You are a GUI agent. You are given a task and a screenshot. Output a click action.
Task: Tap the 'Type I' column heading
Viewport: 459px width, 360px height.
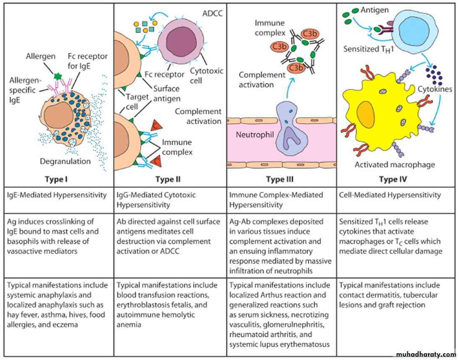(x=57, y=180)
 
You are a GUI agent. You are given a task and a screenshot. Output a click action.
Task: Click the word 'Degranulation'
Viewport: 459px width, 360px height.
(x=65, y=161)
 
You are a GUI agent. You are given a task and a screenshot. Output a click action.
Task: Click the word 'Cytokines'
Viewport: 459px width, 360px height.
(x=435, y=89)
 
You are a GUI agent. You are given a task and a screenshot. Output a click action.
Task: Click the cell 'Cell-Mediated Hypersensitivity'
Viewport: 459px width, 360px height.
(x=390, y=195)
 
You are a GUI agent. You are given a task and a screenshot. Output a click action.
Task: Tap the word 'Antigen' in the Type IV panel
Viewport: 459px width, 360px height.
(x=374, y=10)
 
